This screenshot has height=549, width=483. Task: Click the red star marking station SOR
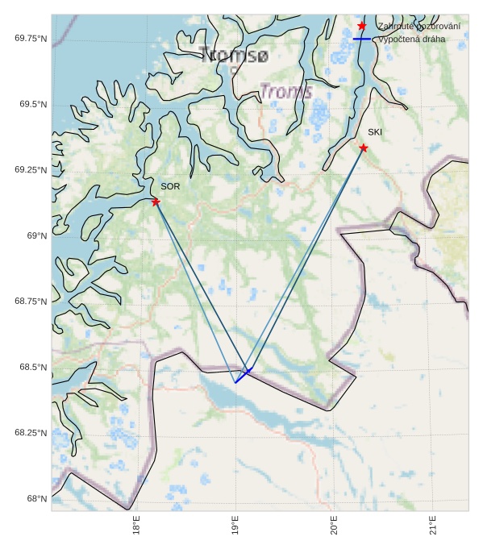tap(156, 202)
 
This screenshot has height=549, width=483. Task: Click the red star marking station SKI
tap(364, 148)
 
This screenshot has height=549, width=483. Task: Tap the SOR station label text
tap(170, 186)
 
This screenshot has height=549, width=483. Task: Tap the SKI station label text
tap(375, 132)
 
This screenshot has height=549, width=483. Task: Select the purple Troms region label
tap(286, 91)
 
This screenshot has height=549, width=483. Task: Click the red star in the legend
tap(362, 26)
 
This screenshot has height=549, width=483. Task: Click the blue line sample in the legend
tap(362, 39)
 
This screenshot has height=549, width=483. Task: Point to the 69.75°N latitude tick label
tap(31, 38)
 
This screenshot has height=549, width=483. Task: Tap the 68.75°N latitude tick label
tap(31, 301)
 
